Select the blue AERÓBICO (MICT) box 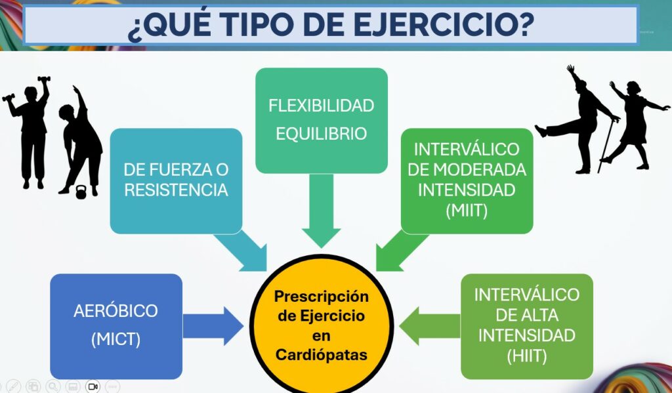(x=116, y=326)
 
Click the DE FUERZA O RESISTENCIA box (x=176, y=181)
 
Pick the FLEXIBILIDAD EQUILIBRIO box (x=322, y=121)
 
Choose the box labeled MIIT (x=467, y=181)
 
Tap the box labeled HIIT (x=527, y=326)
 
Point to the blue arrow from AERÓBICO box (x=213, y=325)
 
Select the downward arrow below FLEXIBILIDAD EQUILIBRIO (x=322, y=211)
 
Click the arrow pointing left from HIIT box (x=430, y=325)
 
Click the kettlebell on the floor (x=81, y=192)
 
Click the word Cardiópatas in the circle (x=322, y=355)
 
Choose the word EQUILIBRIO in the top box (x=322, y=134)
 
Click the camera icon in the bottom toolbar (x=93, y=386)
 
